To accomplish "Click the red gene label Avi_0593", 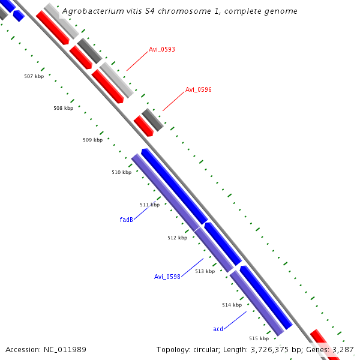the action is coord(162,49).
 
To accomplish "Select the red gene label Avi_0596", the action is coord(198,89).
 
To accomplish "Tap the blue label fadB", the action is coord(126,220).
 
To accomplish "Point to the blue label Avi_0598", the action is coord(167,277).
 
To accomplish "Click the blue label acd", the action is coord(218,329).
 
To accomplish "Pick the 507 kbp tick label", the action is coord(34,76).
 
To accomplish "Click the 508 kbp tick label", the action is coord(63,108).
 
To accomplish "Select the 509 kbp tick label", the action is coord(92,140).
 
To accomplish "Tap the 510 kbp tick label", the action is coord(121,172).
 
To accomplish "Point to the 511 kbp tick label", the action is coord(150,205).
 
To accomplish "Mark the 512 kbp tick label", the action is coord(177,238).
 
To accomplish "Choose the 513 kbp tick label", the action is coord(205,271).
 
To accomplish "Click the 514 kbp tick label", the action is coord(232,305).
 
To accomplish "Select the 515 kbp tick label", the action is coord(259,338).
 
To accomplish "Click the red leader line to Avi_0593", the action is coord(137,60).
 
